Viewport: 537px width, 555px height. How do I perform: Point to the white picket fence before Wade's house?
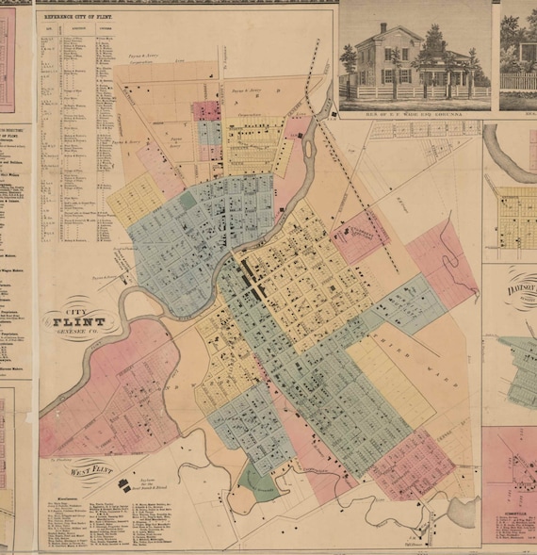coord(415,93)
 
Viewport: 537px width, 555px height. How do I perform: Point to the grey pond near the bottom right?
coord(463,514)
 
